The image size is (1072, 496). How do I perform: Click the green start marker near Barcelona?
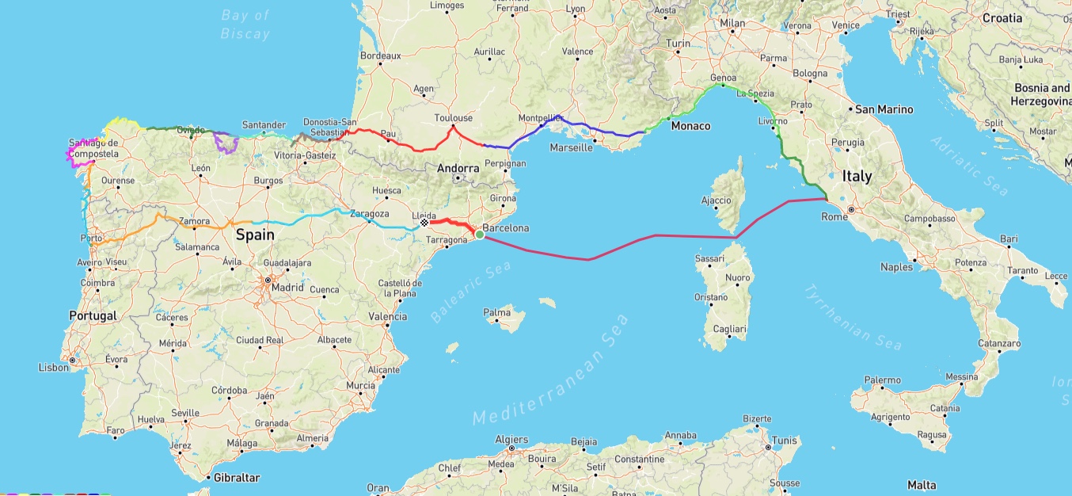(479, 234)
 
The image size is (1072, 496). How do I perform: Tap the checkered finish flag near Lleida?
(424, 223)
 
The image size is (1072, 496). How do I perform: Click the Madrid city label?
(287, 287)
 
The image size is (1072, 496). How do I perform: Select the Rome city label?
(834, 216)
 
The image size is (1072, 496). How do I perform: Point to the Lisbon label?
(54, 367)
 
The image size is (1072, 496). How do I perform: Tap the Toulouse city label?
(453, 118)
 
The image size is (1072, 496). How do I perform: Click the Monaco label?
(690, 126)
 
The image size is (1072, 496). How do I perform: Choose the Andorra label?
(458, 168)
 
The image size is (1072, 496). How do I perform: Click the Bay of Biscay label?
(246, 25)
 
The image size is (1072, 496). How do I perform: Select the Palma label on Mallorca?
(497, 312)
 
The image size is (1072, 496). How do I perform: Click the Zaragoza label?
(370, 213)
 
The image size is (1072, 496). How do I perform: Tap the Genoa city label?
(723, 78)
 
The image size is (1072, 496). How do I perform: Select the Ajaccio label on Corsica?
(717, 200)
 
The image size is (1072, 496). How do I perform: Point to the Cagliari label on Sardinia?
(729, 329)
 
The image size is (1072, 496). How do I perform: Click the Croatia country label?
(1002, 17)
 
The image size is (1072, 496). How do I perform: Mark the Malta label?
(921, 485)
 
